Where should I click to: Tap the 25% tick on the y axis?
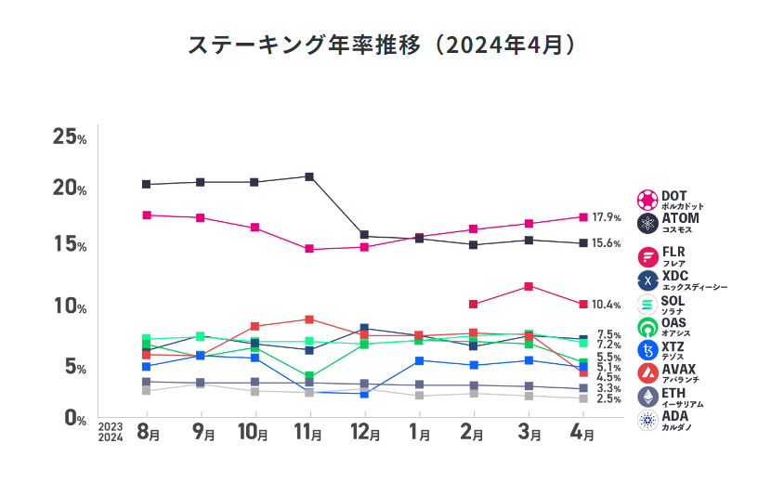(x=69, y=137)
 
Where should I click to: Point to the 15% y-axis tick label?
(x=69, y=246)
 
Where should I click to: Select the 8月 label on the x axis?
(x=149, y=432)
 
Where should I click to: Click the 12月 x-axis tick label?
(x=365, y=432)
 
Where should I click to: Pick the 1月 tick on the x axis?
(x=419, y=432)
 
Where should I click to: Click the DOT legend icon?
(x=647, y=200)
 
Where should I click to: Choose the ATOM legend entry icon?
(x=647, y=223)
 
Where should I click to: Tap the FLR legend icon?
(x=647, y=256)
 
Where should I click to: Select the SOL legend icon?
(x=647, y=304)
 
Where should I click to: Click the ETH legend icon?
(x=647, y=397)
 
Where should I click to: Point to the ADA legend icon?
(x=647, y=420)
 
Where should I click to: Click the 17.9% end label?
(x=607, y=217)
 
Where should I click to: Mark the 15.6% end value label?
(x=607, y=243)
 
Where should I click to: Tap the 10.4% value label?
(x=607, y=305)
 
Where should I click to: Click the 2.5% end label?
(x=608, y=399)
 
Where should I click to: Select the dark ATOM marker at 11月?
(x=309, y=176)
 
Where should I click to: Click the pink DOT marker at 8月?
(x=147, y=215)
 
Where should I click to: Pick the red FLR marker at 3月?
(x=528, y=286)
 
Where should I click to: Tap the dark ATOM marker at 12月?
(x=364, y=236)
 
